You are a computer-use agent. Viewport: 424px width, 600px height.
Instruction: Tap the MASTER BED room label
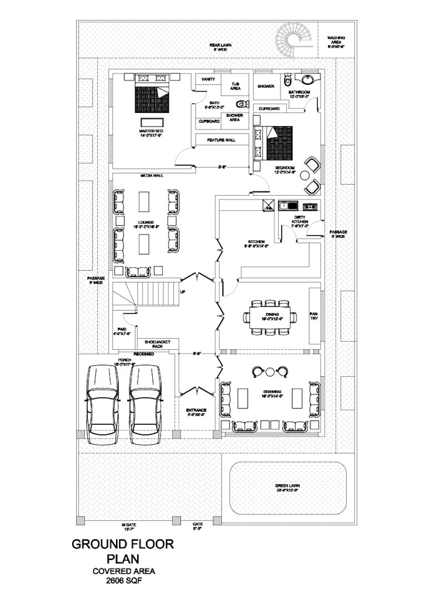pos(150,131)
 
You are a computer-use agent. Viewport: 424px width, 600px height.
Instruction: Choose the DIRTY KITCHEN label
pos(299,220)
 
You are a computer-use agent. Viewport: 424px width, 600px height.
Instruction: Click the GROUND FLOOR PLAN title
pos(123,551)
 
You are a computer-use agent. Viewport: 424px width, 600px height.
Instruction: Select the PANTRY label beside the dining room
pos(314,316)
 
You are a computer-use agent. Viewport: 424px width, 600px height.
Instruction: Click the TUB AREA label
pos(236,86)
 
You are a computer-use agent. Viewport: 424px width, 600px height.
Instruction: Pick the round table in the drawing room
pos(269,372)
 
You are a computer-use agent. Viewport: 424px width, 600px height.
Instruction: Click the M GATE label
pos(128,526)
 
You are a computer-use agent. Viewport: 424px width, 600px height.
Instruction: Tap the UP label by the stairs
pos(182,291)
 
